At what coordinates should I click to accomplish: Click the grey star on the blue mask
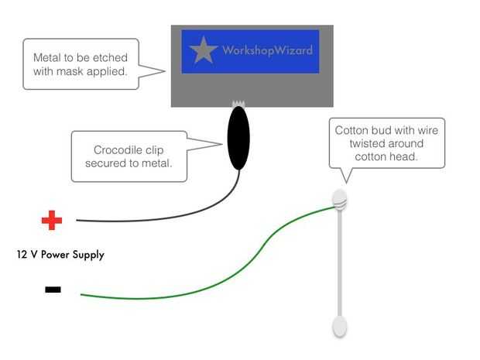pyautogui.click(x=204, y=50)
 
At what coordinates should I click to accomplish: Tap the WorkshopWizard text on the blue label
pyautogui.click(x=267, y=50)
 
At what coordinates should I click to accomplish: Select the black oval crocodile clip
pyautogui.click(x=238, y=139)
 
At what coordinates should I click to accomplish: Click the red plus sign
pyautogui.click(x=52, y=221)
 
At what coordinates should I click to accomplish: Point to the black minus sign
pyautogui.click(x=53, y=290)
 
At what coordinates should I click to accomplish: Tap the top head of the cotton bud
pyautogui.click(x=340, y=199)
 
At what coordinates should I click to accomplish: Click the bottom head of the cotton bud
pyautogui.click(x=339, y=326)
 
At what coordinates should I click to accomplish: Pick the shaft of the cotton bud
pyautogui.click(x=339, y=263)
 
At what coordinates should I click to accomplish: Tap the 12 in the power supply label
pyautogui.click(x=21, y=254)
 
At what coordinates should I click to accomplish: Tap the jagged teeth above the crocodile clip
pyautogui.click(x=238, y=104)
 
